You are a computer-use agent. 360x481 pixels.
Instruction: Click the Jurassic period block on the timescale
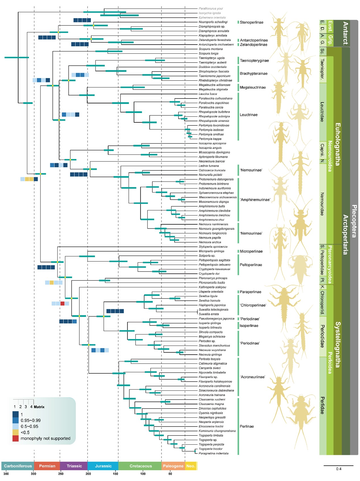click(x=103, y=466)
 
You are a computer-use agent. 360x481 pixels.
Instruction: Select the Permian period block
click(x=47, y=466)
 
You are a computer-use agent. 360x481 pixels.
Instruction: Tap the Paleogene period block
click(x=173, y=466)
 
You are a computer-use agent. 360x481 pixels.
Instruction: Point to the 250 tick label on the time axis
click(x=61, y=474)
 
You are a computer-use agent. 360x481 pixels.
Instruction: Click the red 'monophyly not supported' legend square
click(x=15, y=438)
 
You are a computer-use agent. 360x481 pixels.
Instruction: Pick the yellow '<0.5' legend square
click(x=15, y=432)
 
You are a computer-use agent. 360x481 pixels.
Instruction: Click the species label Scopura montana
click(x=211, y=49)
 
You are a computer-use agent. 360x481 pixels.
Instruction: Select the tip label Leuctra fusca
click(x=208, y=94)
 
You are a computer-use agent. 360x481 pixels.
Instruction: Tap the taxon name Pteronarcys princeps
click(x=213, y=278)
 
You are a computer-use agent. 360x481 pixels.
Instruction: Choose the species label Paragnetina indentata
click(x=213, y=453)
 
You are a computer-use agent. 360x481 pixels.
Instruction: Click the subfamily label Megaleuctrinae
click(x=253, y=87)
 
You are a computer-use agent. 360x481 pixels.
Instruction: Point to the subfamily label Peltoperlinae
click(x=251, y=265)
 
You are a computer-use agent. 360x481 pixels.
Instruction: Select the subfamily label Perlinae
click(x=247, y=426)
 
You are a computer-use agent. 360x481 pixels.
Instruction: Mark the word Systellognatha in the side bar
click(x=338, y=344)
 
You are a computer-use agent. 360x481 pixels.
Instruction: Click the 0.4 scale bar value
click(x=339, y=469)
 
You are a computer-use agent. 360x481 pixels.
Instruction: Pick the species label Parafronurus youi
click(x=211, y=9)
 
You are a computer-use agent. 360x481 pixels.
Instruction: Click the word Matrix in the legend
click(x=39, y=407)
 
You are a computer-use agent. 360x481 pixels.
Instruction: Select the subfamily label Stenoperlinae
click(x=251, y=22)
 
